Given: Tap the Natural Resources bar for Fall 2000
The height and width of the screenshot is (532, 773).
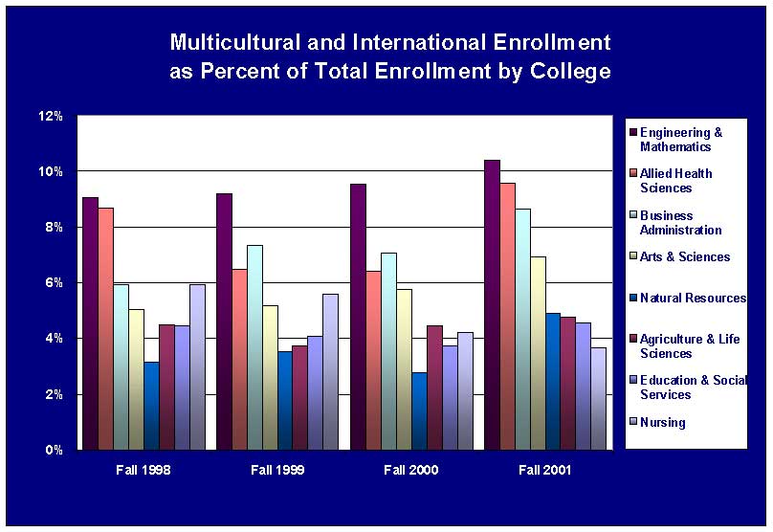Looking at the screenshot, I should click(419, 410).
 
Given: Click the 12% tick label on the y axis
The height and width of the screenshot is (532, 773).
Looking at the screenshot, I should click(51, 117).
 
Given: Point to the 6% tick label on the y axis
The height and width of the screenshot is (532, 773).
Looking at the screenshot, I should click(54, 283).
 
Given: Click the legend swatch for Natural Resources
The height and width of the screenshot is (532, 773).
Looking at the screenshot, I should click(631, 299).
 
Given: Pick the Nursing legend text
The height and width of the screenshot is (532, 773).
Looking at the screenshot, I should click(662, 422).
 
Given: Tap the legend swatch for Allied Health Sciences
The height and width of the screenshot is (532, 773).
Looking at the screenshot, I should click(631, 174).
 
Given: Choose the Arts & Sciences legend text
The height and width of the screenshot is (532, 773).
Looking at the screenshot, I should click(685, 256).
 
